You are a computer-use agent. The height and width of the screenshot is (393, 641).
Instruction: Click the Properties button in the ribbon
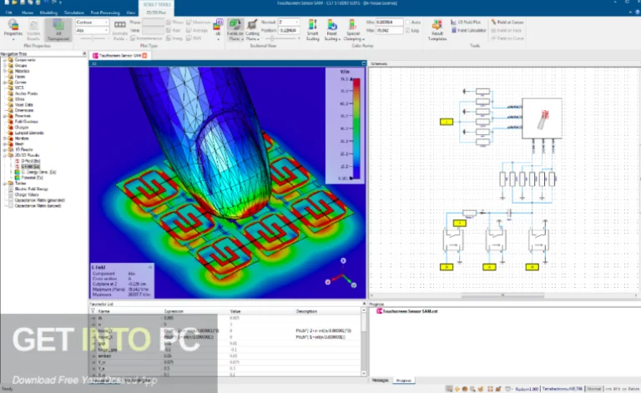click(13, 30)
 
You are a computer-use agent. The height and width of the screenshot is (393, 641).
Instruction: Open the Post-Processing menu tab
click(104, 12)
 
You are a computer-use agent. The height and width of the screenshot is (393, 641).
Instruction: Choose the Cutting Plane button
click(253, 30)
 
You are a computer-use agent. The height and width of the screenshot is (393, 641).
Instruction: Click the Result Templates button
click(437, 32)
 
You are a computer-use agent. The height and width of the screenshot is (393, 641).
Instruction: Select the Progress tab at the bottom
click(404, 380)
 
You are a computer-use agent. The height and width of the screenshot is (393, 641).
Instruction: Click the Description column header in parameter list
click(306, 310)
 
